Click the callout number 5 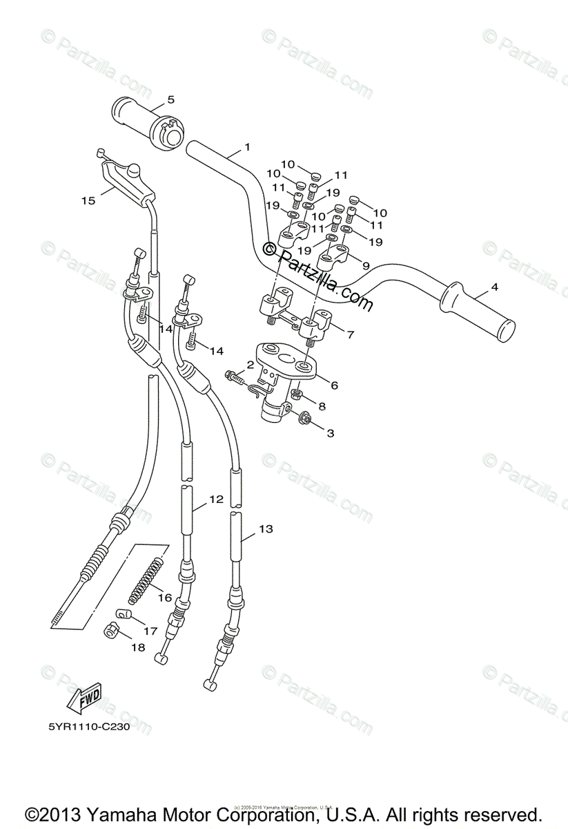170,99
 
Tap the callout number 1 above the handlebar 247,147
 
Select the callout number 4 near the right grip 494,287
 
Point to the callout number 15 88,200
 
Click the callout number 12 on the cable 216,499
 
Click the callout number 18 138,647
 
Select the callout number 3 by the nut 330,433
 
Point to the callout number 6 334,385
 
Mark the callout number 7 350,335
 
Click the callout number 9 365,265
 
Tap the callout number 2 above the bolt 241,364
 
